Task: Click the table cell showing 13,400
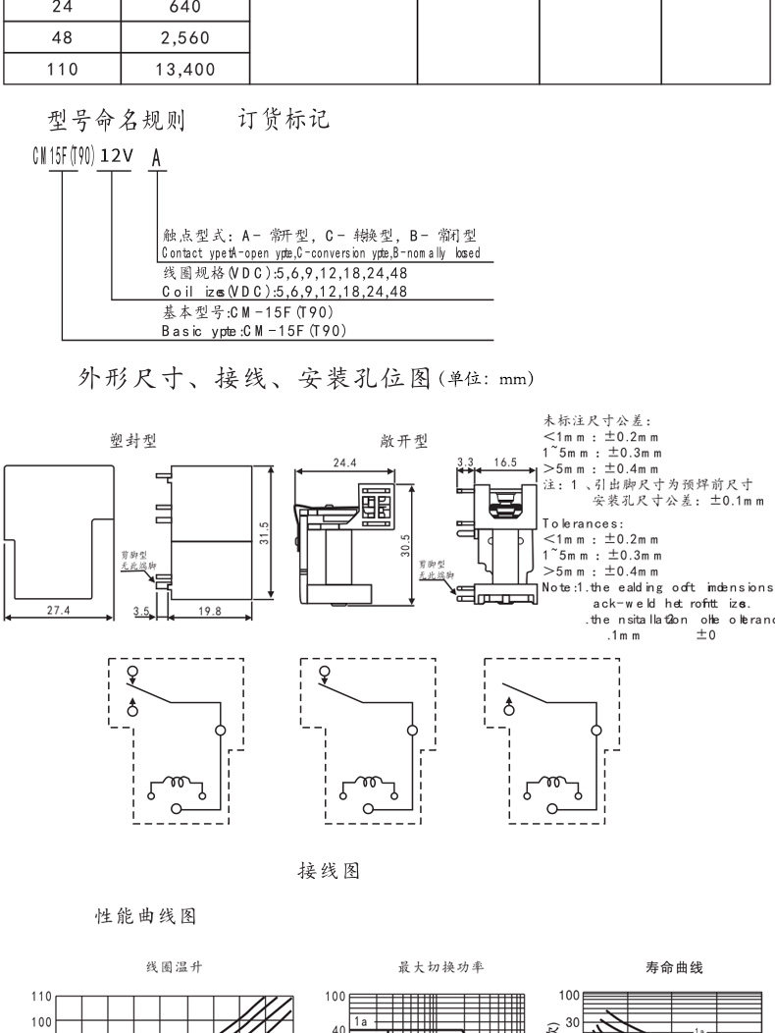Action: (185, 70)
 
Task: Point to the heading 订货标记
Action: (284, 120)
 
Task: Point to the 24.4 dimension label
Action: (344, 462)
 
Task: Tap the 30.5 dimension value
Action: (405, 546)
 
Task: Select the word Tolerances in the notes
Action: (583, 523)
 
